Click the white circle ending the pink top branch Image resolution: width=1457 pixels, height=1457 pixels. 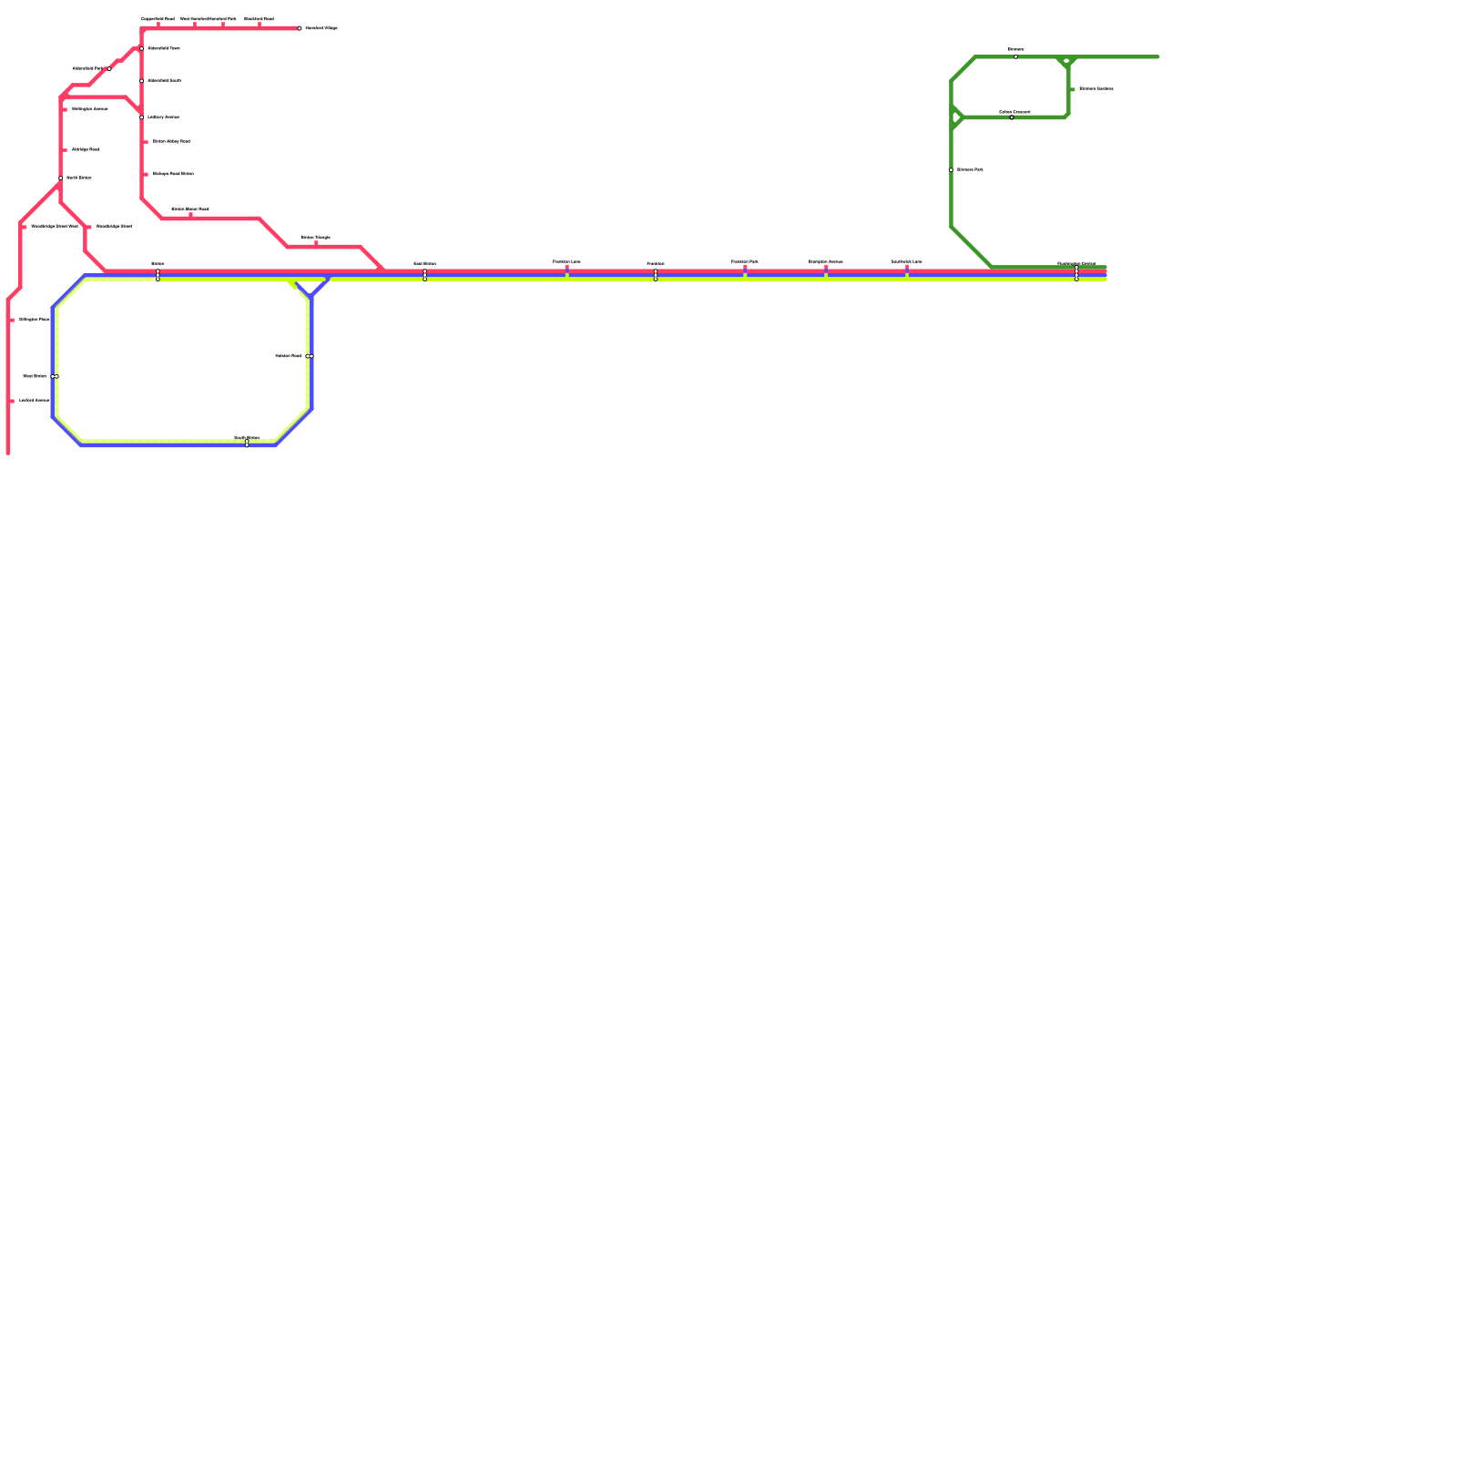point(300,28)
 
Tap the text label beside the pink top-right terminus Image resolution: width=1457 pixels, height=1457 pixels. point(321,28)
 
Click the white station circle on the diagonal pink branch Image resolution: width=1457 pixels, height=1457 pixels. point(109,68)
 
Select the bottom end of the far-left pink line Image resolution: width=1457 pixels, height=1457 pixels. point(8,452)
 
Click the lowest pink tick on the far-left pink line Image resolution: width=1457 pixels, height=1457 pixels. point(12,401)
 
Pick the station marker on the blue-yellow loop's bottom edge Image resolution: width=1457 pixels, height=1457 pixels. point(247,443)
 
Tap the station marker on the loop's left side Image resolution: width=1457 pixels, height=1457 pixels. point(55,376)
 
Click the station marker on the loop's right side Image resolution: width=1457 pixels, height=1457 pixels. point(310,356)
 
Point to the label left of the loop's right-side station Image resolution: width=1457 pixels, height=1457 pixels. point(288,356)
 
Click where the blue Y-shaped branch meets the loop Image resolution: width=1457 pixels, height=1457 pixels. point(311,296)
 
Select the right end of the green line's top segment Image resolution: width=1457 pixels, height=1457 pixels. point(1157,57)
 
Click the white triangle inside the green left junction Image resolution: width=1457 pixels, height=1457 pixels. point(955,117)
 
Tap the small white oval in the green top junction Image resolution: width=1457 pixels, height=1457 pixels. point(1067,61)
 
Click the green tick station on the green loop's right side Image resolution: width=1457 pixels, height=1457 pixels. point(1073,89)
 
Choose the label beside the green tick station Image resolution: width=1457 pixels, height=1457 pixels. point(1096,89)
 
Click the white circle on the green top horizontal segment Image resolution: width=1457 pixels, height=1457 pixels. point(1016,56)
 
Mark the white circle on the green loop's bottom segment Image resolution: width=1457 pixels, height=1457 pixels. point(1012,117)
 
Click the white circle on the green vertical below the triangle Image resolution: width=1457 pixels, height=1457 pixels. point(952,170)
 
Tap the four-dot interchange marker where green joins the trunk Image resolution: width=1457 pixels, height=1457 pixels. point(1076,273)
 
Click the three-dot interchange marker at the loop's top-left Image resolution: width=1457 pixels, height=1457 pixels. point(158,275)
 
